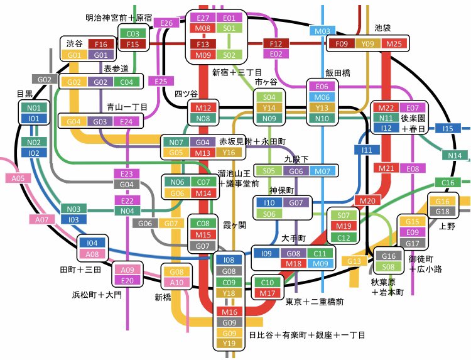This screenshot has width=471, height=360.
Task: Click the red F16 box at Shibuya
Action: (x=101, y=44)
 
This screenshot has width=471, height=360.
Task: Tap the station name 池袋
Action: (x=382, y=28)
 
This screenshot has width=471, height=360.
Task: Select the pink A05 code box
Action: (x=18, y=178)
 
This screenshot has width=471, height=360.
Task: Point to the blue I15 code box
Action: (x=447, y=128)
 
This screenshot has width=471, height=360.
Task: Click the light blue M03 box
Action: (x=322, y=31)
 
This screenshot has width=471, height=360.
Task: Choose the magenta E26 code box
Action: (x=166, y=23)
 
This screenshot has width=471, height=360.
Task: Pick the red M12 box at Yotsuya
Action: (x=202, y=108)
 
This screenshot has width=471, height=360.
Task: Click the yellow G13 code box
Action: (x=354, y=261)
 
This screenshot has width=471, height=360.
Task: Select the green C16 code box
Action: (x=447, y=183)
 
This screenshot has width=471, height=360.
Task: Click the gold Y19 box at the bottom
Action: (x=229, y=343)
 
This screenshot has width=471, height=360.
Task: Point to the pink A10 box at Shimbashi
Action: (x=176, y=282)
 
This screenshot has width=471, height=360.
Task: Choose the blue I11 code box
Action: (x=367, y=150)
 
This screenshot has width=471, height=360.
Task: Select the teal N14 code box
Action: (x=455, y=156)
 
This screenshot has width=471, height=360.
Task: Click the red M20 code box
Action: (x=367, y=200)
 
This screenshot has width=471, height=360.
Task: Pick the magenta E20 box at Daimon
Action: (x=127, y=280)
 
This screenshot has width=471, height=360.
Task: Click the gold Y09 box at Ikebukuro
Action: (x=367, y=44)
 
